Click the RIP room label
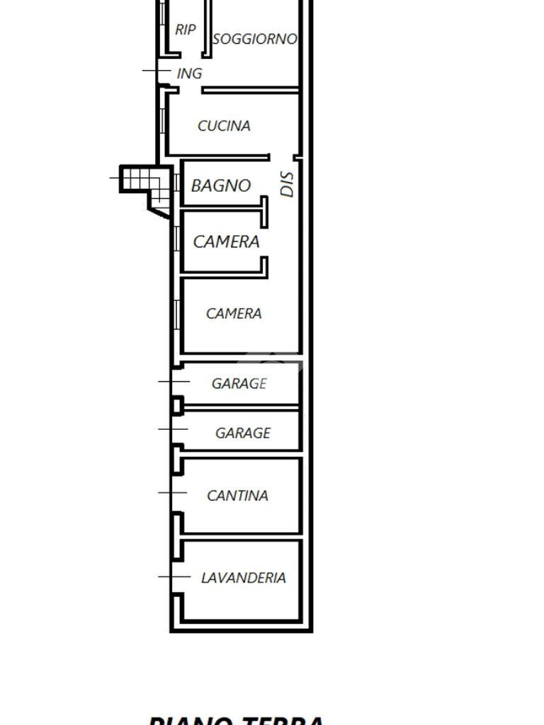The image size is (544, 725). click(x=185, y=30)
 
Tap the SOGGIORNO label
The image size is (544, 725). click(x=254, y=39)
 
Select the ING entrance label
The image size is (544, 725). click(x=189, y=73)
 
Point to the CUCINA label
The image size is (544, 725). click(x=224, y=126)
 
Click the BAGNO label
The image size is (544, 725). click(x=221, y=185)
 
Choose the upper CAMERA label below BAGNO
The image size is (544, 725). click(x=226, y=241)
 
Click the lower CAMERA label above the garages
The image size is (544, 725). click(x=234, y=313)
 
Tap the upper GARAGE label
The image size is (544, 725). click(x=239, y=383)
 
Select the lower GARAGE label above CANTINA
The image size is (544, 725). click(x=243, y=433)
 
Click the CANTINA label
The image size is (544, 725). click(x=237, y=496)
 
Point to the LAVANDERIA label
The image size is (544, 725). click(x=244, y=578)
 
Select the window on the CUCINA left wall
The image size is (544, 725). click(x=163, y=120)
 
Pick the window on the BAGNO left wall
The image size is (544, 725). click(x=176, y=182)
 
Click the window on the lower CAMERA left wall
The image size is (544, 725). click(x=176, y=314)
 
